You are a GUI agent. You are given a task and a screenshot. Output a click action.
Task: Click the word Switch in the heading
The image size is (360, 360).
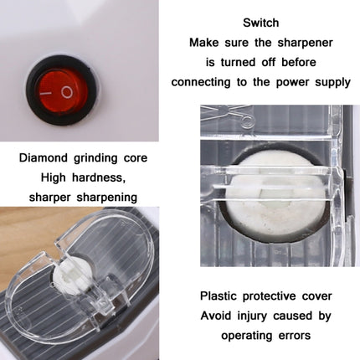pyautogui.click(x=260, y=23)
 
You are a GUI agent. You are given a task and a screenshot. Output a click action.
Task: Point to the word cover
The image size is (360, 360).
pyautogui.click(x=316, y=296)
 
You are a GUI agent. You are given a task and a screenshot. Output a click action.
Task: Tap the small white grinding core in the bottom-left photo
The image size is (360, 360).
pyautogui.click(x=64, y=276)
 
